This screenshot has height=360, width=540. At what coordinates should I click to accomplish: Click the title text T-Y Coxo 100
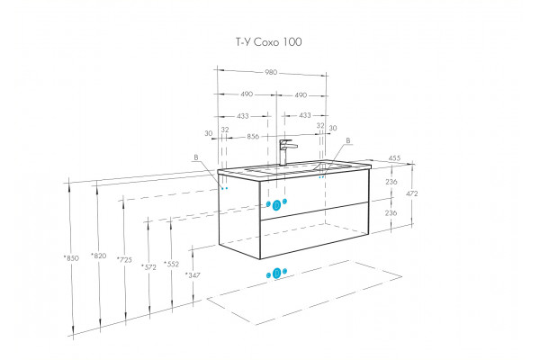(x=268, y=42)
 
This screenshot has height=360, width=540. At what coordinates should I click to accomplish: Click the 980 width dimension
(x=271, y=72)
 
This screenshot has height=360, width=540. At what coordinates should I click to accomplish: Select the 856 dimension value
(x=253, y=137)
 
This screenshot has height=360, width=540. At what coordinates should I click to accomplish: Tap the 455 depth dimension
(x=394, y=157)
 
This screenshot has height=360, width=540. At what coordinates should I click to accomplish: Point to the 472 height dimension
(x=411, y=193)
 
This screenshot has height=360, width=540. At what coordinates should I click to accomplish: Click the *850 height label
(x=71, y=257)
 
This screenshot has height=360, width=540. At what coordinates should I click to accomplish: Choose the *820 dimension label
(x=99, y=256)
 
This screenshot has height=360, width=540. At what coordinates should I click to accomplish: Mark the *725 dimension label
(x=124, y=260)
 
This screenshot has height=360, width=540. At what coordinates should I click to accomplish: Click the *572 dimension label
(x=148, y=267)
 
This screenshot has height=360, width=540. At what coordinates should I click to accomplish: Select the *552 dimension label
(x=172, y=265)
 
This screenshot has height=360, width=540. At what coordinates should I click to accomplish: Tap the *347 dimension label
(x=193, y=274)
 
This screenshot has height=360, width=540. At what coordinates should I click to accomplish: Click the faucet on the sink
(x=286, y=151)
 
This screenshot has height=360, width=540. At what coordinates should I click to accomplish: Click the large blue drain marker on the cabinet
(x=276, y=206)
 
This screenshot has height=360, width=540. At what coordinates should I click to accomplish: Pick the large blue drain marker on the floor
(x=276, y=274)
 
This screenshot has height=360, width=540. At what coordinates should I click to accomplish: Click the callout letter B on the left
(x=196, y=157)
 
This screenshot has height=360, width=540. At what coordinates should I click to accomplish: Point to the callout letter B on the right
(x=348, y=140)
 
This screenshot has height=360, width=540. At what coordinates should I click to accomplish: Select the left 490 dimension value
(x=247, y=94)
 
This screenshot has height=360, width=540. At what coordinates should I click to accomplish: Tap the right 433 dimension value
(x=305, y=115)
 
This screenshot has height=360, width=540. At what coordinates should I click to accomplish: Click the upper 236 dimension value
(x=391, y=182)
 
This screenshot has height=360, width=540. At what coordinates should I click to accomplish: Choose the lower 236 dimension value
(x=391, y=213)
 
